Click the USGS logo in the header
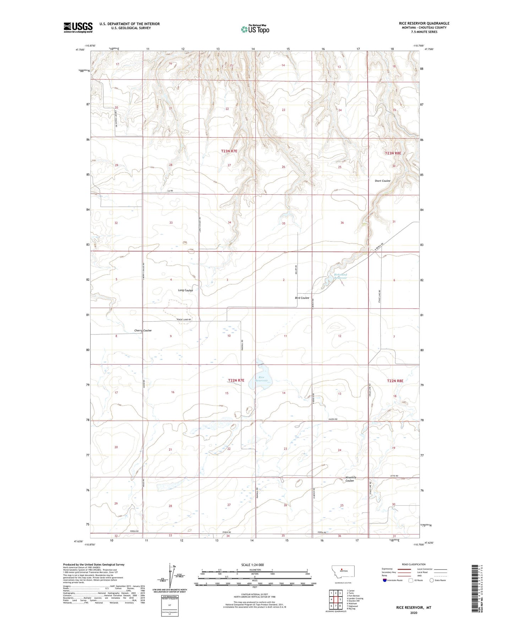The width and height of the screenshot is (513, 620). click(x=78, y=27)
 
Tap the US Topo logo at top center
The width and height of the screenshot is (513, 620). click(x=255, y=29)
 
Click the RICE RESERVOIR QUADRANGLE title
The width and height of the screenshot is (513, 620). click(x=424, y=23)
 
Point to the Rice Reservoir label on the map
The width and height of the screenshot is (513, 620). click(x=261, y=379)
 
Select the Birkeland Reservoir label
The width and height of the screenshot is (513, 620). click(x=340, y=276)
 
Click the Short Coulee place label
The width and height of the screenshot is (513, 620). click(x=382, y=181)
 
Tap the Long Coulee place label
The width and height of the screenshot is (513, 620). click(x=185, y=290)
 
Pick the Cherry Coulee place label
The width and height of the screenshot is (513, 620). click(x=143, y=331)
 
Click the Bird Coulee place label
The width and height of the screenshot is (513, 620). click(x=302, y=298)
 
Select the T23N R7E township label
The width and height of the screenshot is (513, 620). click(x=229, y=151)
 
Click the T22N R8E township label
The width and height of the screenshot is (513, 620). click(x=395, y=381)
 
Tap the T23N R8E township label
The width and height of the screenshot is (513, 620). click(x=393, y=153)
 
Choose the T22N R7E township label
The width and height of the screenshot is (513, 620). click(x=236, y=380)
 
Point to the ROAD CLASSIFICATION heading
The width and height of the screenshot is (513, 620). click(x=414, y=564)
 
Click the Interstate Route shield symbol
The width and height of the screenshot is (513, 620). click(x=385, y=581)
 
